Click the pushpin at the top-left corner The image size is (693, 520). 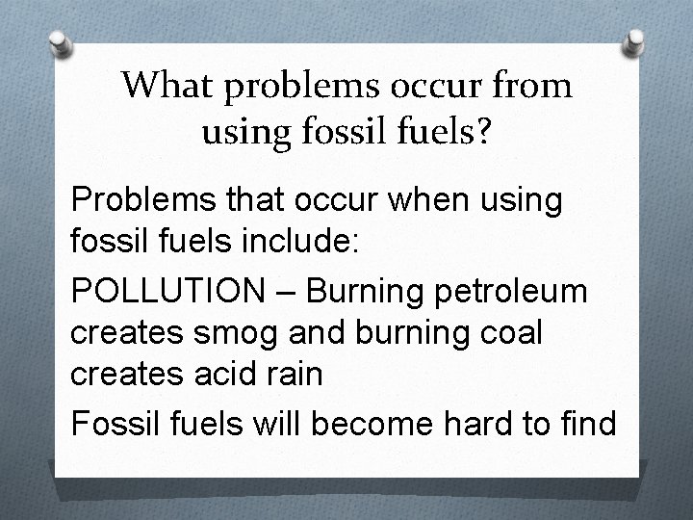pyautogui.click(x=59, y=43)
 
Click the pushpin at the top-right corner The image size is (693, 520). pyautogui.click(x=636, y=41)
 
